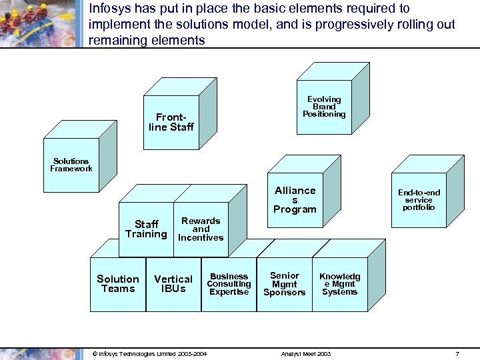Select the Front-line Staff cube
pos(171,122)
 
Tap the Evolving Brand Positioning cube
pos(324,107)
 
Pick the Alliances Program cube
pos(295,200)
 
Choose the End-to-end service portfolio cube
pos(419,199)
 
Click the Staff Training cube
pos(146,229)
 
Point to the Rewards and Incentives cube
pos(201,229)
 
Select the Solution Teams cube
pos(118,284)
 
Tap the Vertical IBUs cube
pos(173,284)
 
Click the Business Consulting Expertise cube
pos(229,284)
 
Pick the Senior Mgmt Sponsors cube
pos(285,284)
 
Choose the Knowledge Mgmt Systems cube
pos(339,284)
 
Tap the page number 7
pos(457,353)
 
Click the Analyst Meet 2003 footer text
pos(306,353)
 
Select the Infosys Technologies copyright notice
pos(149,353)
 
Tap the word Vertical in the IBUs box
pos(173,279)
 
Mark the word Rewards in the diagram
pos(201,221)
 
